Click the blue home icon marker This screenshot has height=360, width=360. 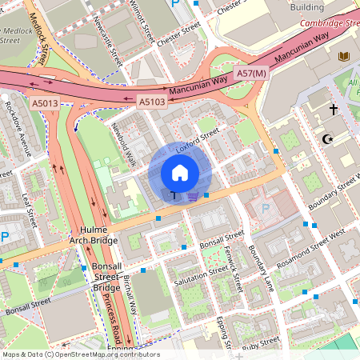pos(180,173)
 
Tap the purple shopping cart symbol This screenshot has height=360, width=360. pos(193,195)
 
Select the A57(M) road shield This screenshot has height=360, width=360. pos(250,74)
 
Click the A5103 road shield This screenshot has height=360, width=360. pos(152,102)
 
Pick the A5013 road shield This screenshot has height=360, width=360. pos(46,103)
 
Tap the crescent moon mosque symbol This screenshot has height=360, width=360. pos(326,139)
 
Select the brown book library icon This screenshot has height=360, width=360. pos(345,57)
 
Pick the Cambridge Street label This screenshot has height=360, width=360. pos(329,23)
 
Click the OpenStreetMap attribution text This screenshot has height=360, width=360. pos(80,354)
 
